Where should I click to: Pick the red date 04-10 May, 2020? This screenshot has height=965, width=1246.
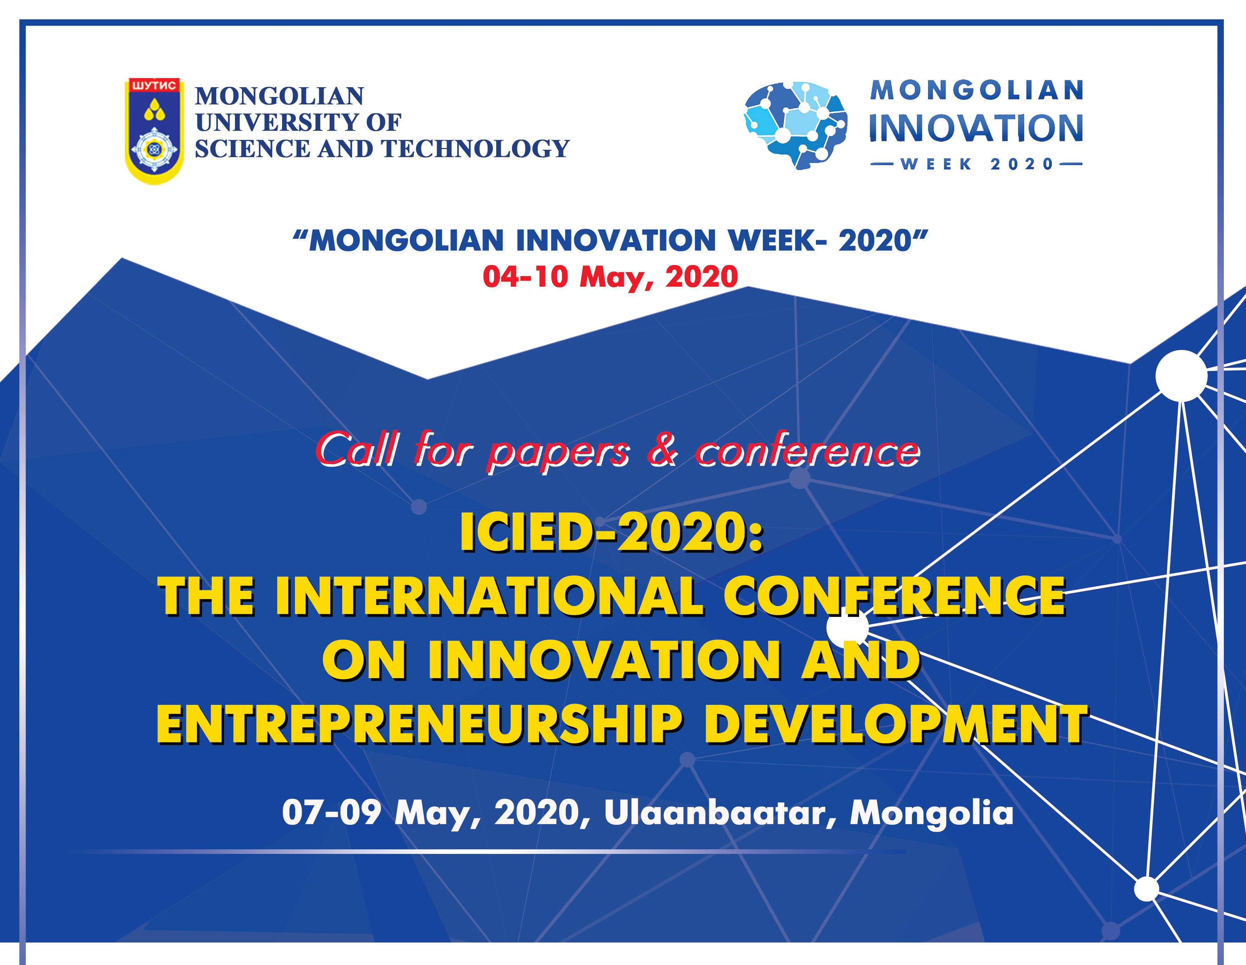coord(611,277)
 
